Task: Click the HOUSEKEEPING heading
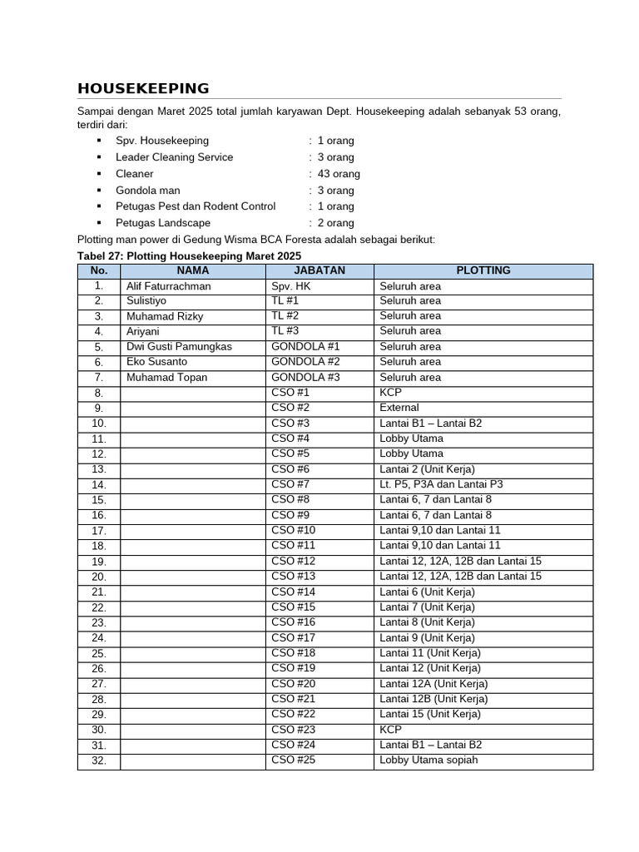click(143, 89)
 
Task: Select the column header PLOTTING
click(483, 270)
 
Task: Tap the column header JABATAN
click(319, 270)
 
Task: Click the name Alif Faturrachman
click(168, 286)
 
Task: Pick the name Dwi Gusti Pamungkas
click(179, 347)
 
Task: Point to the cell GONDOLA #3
click(305, 378)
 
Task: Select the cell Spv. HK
click(290, 286)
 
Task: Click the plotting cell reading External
click(399, 409)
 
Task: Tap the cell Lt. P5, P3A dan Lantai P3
click(441, 484)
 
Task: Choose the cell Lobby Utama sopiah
click(428, 760)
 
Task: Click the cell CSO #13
click(294, 577)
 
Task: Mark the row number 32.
click(99, 760)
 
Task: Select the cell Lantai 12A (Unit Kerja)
click(433, 684)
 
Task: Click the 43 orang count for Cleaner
click(339, 174)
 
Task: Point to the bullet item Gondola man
click(147, 191)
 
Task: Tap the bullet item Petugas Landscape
click(163, 223)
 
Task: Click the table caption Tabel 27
click(188, 255)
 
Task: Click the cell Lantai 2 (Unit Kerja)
click(426, 469)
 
